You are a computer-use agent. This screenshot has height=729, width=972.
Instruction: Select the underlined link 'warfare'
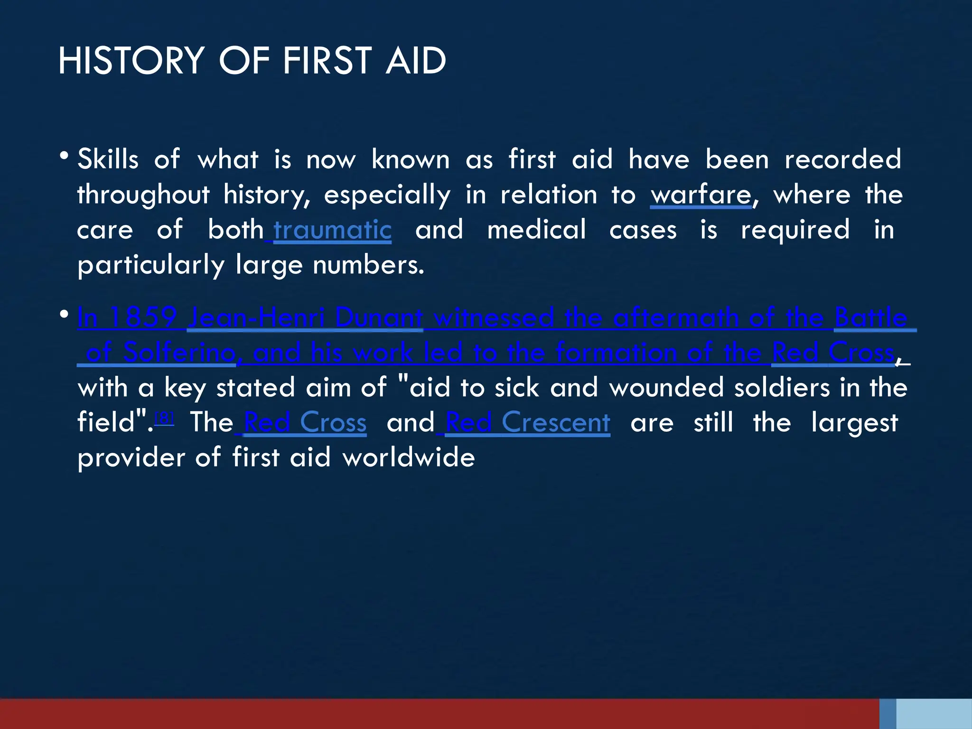coord(701,195)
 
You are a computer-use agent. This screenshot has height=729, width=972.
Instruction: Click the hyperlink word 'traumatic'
coord(332,230)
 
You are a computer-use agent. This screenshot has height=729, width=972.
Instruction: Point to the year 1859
coord(143,317)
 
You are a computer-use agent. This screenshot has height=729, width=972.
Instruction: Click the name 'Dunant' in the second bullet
coord(379,317)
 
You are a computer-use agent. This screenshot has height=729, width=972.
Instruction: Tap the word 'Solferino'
coord(179,352)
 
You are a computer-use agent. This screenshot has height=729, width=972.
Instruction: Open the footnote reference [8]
coord(164,418)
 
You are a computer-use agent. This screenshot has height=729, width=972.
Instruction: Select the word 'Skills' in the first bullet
coord(108,159)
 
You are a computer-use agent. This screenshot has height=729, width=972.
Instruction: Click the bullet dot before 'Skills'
coord(64,155)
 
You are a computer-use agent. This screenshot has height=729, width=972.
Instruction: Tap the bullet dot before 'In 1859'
coord(64,314)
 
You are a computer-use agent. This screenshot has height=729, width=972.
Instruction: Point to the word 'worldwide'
coord(409,458)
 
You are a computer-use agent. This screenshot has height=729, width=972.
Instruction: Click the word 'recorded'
coord(842,159)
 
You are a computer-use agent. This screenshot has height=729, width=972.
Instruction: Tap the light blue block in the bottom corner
coord(934,713)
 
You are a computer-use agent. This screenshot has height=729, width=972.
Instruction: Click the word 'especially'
coord(387,195)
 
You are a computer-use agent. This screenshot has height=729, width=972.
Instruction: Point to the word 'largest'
coord(854,422)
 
